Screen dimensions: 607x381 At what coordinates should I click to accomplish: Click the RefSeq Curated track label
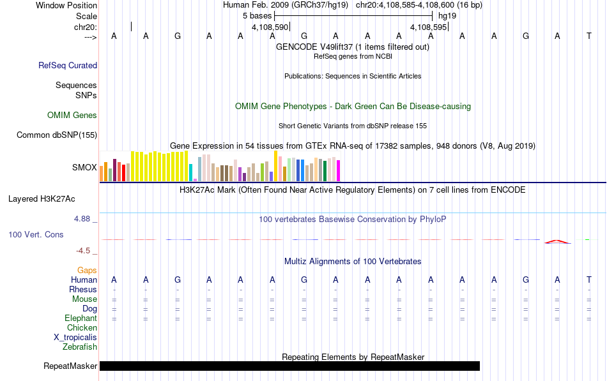68,65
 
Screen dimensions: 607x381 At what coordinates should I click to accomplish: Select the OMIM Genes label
72,115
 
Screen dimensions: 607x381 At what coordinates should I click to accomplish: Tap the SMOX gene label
84,167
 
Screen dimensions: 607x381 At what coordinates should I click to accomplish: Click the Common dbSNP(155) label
57,135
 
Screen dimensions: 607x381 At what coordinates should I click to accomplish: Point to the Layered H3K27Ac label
42,199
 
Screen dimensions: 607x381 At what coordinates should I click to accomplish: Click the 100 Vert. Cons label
36,234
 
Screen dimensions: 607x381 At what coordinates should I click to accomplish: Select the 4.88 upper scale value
82,218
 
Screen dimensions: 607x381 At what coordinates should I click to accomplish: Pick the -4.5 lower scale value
83,251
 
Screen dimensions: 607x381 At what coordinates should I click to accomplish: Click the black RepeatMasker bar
289,366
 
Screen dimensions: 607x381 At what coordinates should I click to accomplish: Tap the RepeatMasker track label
70,366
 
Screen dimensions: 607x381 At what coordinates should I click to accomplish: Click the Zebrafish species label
80,347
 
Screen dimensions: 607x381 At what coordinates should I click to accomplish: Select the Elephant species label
81,318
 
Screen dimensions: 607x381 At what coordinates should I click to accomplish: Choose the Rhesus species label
83,289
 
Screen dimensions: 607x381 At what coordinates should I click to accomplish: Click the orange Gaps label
87,270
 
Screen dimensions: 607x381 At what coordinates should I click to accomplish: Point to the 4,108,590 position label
270,27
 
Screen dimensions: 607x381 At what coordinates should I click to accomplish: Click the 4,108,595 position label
429,27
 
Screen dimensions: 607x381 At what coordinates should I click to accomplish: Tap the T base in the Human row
589,280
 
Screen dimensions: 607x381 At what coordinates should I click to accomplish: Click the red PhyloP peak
557,242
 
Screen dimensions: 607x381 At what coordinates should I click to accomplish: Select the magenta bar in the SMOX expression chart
339,170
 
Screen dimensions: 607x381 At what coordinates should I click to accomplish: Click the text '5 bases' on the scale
257,16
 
